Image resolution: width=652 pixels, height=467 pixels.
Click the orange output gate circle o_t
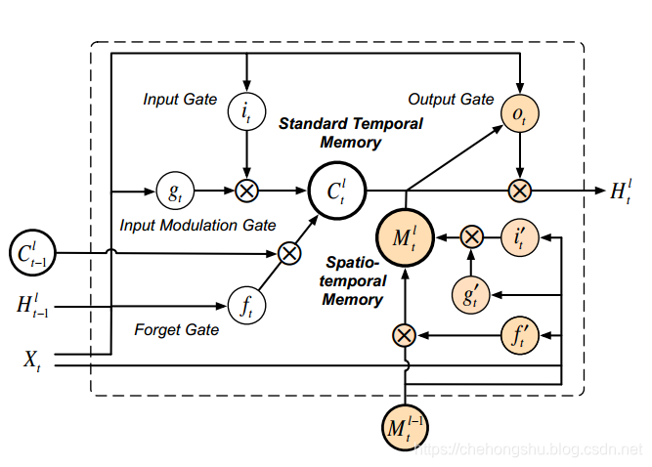(519, 113)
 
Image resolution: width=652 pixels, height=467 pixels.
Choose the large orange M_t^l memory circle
(405, 236)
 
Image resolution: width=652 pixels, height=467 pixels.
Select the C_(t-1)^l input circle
(33, 253)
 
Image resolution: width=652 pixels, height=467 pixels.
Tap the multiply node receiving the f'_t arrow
(405, 336)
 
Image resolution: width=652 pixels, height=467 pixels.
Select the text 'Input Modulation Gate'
(197, 226)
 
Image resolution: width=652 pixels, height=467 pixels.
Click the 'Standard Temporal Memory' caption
(351, 133)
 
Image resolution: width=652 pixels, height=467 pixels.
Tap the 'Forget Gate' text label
(176, 330)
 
